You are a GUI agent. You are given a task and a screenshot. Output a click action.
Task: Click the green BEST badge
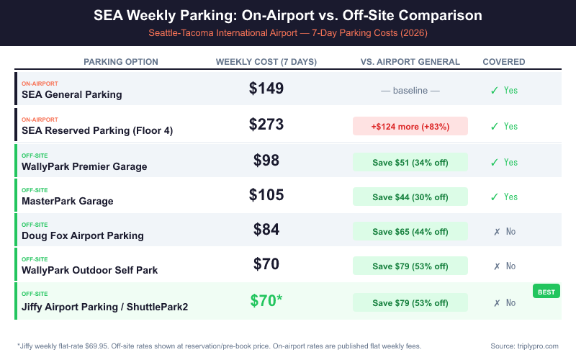pos(546,292)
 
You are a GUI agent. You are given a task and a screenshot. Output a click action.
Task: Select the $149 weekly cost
pos(266,89)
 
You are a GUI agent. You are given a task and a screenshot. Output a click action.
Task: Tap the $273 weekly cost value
pos(266,124)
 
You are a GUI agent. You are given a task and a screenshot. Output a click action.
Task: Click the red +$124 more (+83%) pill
pos(410,126)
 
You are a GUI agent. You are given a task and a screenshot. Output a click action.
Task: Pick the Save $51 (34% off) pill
pos(410,162)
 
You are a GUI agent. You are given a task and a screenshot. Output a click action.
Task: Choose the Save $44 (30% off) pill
pos(410,197)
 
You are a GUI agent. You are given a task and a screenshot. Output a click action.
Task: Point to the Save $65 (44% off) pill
pos(410,232)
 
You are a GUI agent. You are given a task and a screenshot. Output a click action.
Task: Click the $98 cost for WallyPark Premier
pos(266,160)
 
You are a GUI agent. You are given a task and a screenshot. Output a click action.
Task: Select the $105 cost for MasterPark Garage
pos(266,194)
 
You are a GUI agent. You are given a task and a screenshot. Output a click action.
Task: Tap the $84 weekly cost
pos(266,230)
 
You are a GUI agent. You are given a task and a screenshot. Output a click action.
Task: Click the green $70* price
pos(266,300)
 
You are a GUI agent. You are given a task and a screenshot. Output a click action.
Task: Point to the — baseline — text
pos(410,91)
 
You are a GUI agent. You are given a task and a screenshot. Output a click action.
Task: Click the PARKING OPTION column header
pos(121,62)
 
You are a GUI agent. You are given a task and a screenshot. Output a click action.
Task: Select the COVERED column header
pos(503,62)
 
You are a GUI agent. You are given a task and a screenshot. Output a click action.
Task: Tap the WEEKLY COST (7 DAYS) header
pos(266,62)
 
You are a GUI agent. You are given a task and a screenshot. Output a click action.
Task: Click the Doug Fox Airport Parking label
pos(83,235)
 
